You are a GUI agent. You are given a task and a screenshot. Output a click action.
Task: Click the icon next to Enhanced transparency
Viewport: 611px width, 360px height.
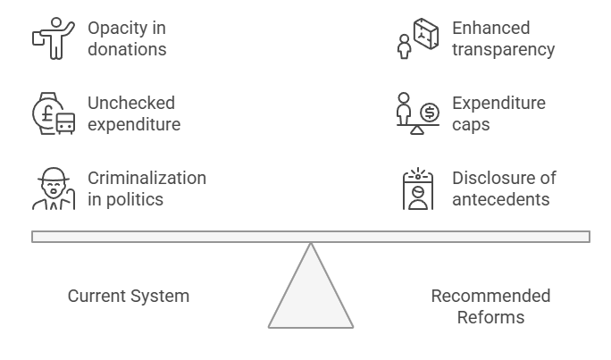[x=417, y=38]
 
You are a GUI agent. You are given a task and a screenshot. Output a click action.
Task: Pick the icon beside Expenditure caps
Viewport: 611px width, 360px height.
[x=417, y=113]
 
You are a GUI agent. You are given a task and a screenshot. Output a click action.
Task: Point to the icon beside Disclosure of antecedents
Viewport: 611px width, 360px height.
[x=417, y=188]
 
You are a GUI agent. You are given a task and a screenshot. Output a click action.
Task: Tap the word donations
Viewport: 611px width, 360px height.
[x=127, y=49]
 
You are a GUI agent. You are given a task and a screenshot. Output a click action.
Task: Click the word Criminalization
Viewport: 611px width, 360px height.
[x=146, y=178]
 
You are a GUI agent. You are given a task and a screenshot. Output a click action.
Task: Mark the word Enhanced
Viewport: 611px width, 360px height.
[x=490, y=29]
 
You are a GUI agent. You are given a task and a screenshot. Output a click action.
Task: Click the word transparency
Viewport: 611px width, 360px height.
[x=503, y=49]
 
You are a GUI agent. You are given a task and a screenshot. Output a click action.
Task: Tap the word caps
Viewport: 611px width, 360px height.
[x=471, y=124]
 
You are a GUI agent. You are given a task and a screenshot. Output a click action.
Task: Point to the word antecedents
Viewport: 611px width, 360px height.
[x=501, y=198]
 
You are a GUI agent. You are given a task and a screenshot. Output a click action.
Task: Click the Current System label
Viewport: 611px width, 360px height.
[x=129, y=296]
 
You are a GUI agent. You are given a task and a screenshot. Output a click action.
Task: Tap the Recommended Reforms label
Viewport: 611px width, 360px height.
[x=490, y=306]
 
